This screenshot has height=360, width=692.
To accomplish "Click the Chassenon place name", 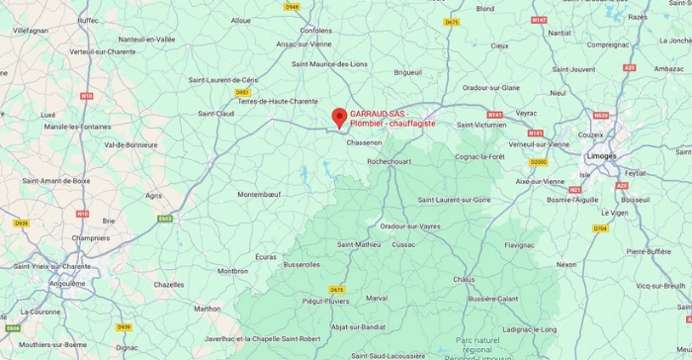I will coord(364,142).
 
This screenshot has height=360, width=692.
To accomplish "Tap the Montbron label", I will coord(233,270).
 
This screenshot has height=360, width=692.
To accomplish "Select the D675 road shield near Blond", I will coord(452,22).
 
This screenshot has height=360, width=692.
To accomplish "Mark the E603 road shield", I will coord(165,219).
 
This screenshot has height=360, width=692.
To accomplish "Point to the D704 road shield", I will coord(600,228).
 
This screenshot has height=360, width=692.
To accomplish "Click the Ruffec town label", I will coord(88,20).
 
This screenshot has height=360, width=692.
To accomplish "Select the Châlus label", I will coord(464,279).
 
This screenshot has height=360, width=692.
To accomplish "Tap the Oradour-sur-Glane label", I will coord(490,87).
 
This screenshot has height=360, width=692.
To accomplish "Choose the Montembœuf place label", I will coord(259,195).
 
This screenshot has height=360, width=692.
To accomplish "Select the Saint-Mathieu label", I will coord(359,244).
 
